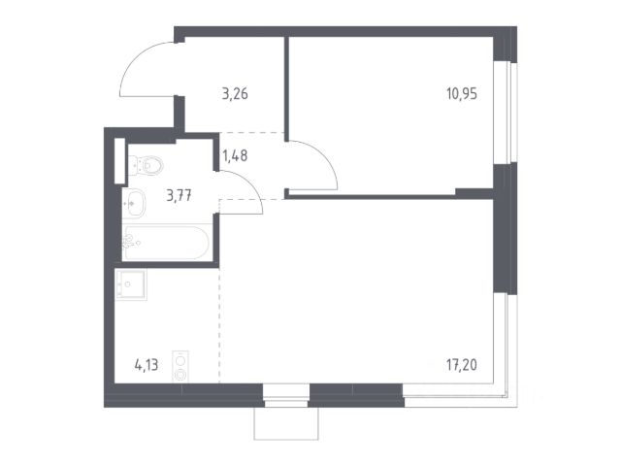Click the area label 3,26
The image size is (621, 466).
(235, 94)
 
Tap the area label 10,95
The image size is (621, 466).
(462, 94)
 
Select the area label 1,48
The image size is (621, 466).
(235, 155)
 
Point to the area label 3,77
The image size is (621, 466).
(179, 195)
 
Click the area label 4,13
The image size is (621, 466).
(147, 365)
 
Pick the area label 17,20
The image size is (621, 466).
(462, 365)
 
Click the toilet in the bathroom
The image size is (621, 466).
(146, 165)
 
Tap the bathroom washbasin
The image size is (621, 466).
(134, 203)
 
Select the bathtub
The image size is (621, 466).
(166, 243)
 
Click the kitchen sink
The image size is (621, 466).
(130, 284)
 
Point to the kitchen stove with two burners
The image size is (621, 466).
(180, 367)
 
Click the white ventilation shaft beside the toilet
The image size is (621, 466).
(119, 161)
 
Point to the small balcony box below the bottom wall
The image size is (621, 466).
(286, 423)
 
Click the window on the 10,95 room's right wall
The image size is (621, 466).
(505, 113)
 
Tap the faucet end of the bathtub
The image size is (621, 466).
(129, 242)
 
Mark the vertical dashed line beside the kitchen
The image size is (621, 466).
(219, 325)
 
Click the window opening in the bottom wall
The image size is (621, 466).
(286, 395)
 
